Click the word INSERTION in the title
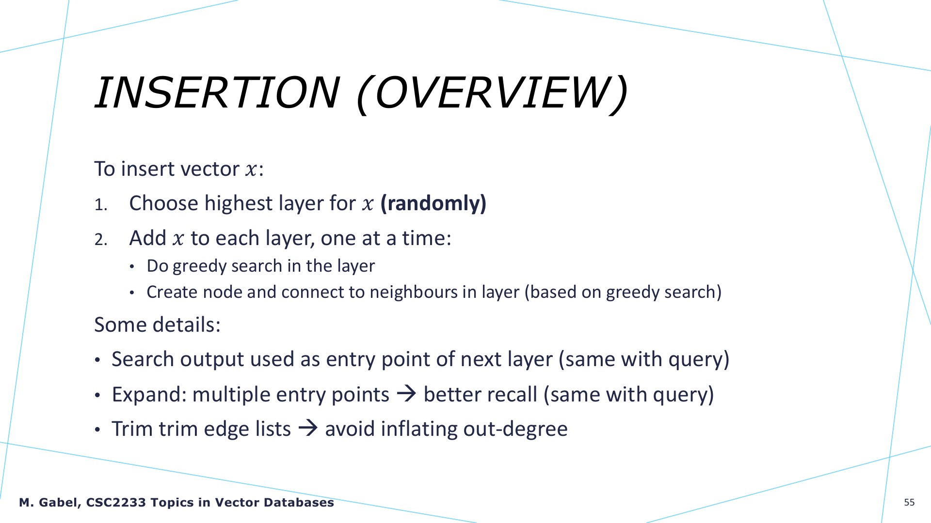217,92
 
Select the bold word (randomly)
433,203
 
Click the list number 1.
100,205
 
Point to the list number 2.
100,240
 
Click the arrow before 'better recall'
406,394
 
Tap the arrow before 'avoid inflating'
308,428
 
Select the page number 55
909,503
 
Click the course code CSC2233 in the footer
116,503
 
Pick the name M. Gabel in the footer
49,503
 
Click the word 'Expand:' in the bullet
149,395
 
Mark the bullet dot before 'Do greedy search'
132,267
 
